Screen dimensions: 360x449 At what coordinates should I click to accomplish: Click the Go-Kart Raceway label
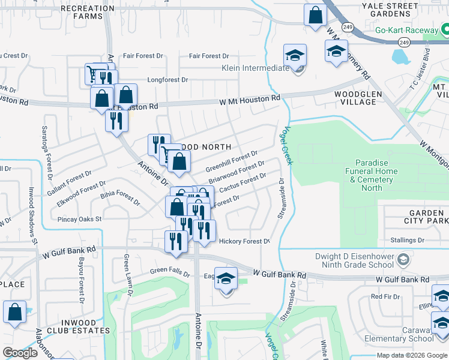406,30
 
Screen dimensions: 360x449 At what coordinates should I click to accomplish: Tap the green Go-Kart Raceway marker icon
445,29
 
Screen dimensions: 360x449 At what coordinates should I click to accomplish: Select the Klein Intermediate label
255,68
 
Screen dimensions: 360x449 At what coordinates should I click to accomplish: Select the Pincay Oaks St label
80,220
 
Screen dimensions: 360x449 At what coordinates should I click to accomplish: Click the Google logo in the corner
20,353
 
